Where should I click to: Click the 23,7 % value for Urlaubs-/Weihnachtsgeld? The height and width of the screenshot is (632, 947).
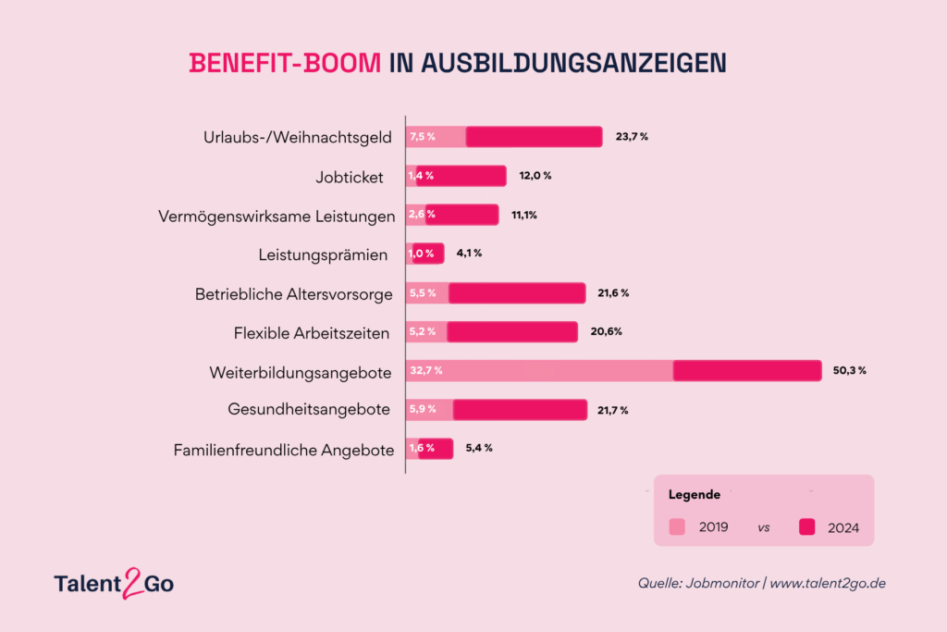[632, 137]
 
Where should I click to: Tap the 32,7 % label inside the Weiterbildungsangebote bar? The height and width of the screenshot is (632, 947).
[426, 370]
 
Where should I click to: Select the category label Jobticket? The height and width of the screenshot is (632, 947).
[350, 177]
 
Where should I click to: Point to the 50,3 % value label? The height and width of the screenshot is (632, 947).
[850, 370]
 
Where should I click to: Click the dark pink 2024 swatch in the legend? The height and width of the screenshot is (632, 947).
[806, 527]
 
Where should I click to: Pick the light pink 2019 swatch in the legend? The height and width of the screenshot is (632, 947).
[677, 527]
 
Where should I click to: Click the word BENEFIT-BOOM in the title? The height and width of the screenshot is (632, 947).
[285, 63]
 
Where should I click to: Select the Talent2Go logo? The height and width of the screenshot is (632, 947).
[114, 583]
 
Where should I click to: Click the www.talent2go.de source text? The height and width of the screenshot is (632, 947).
[828, 583]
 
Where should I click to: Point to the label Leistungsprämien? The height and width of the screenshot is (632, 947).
[323, 255]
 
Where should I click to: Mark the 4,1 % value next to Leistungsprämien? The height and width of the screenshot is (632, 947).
[469, 254]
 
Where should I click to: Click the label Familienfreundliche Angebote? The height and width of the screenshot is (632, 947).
[284, 450]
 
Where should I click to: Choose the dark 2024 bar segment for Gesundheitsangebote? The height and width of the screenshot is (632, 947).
[520, 410]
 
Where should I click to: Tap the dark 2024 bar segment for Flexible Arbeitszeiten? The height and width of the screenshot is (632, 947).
[512, 332]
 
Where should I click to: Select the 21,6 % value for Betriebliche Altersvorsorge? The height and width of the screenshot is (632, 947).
[614, 293]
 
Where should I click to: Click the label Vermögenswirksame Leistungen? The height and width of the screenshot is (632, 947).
[277, 217]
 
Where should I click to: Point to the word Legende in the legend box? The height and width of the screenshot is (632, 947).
[695, 495]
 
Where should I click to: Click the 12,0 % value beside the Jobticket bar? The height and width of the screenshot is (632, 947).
[535, 176]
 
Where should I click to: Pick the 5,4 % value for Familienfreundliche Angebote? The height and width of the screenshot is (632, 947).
[479, 448]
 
